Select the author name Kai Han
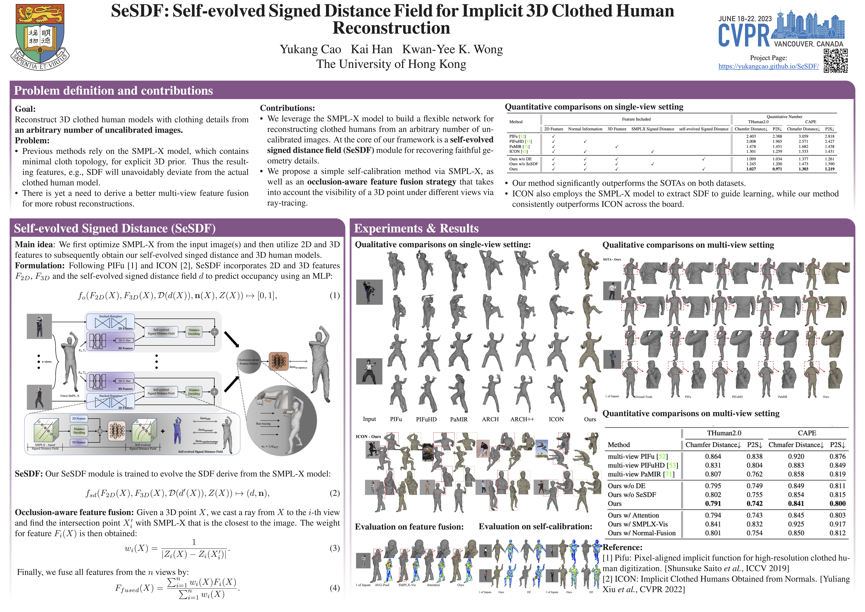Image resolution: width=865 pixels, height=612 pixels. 372,49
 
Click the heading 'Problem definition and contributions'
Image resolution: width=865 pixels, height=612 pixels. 113,91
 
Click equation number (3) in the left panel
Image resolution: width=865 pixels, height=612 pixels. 335,548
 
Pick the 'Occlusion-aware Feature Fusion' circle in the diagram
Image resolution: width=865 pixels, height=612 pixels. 249,362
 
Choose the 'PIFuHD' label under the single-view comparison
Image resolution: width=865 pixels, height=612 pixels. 426,419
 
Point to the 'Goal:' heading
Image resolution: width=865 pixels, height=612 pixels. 25,109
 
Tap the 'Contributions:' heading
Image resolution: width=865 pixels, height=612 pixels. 287,108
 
